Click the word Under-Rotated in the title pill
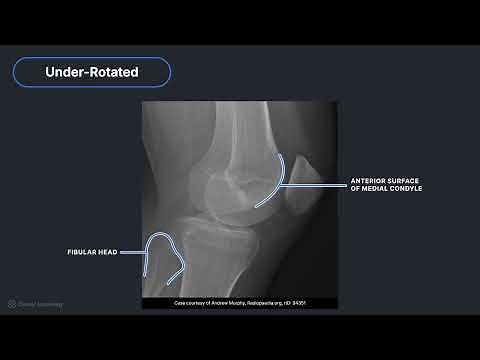pos(91,72)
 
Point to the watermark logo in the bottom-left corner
pos(12,303)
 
